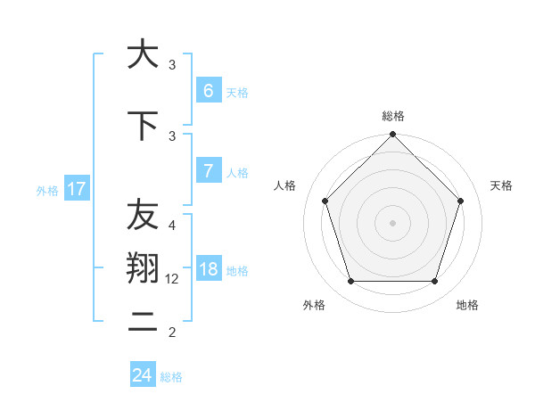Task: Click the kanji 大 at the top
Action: coord(143,55)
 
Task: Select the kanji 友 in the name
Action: coord(143,215)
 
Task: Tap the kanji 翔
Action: coord(143,269)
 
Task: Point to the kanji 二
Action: coord(143,323)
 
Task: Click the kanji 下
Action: coord(143,127)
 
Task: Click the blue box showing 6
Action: coord(208,91)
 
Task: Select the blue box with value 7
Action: coord(208,171)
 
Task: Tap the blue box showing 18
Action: coord(208,270)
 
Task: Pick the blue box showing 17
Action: coord(76,189)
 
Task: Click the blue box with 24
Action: coord(143,375)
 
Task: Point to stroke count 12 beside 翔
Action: coord(173,279)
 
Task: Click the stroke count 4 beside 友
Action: coord(172,225)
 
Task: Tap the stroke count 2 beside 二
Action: coord(172,333)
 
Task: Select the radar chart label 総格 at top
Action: coord(392,116)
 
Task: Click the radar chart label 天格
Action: coord(501,185)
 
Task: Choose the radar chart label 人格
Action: coord(284,185)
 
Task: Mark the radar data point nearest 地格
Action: coord(434,282)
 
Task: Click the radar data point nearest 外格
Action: coord(350,282)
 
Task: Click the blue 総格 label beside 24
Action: coord(171,376)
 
